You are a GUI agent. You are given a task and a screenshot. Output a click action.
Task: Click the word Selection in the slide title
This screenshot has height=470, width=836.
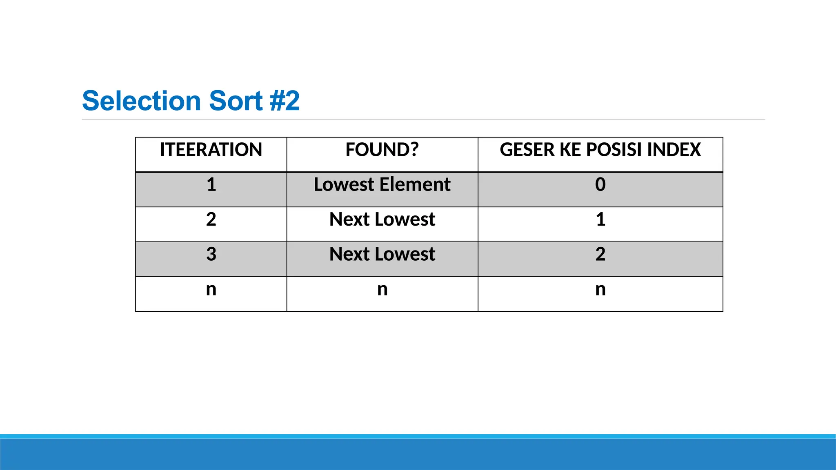pos(141,101)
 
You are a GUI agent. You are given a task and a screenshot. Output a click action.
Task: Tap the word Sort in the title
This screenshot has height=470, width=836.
pos(236,101)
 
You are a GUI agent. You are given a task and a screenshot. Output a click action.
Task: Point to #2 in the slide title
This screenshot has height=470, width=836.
pos(285,101)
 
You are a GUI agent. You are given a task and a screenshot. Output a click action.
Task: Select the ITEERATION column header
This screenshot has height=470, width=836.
pos(211,150)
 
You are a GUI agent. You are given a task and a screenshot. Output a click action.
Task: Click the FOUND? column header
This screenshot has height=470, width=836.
pos(382,150)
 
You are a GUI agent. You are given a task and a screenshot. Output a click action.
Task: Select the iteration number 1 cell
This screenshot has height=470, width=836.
pos(211,184)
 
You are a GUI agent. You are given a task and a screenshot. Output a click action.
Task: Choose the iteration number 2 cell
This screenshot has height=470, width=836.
pos(211,219)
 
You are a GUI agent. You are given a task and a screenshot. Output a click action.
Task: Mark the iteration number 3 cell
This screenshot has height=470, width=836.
pos(211,254)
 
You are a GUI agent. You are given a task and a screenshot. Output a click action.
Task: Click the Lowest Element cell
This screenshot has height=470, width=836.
pos(382,184)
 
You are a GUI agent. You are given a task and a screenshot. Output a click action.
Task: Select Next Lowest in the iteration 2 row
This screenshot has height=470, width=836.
pos(382,219)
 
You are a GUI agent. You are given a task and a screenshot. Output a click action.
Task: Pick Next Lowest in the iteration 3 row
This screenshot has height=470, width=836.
pos(382,254)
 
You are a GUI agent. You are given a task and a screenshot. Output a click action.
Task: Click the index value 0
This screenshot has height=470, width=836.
pos(600,184)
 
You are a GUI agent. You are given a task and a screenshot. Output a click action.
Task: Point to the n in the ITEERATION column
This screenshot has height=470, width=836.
pos(211,290)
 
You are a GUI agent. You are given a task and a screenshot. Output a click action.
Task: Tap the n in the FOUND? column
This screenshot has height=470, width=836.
pos(382,290)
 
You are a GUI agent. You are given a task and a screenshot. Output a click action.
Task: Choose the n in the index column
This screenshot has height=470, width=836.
pos(600,290)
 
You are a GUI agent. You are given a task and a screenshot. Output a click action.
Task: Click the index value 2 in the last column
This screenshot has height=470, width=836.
pos(600,254)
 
